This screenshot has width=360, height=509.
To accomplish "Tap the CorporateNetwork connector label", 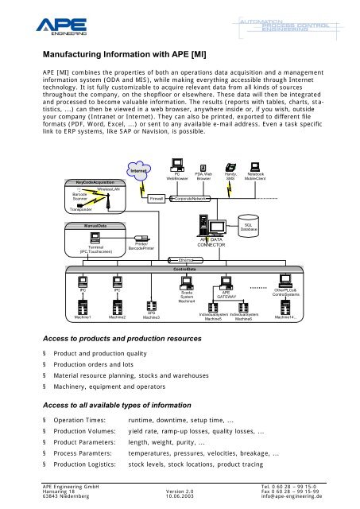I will pos(192,197).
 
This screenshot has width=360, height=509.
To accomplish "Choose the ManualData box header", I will pos(85,226).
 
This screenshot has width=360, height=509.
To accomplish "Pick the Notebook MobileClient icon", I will pos(256,167).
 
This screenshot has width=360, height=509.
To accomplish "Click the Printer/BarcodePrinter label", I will pos(138,247).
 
